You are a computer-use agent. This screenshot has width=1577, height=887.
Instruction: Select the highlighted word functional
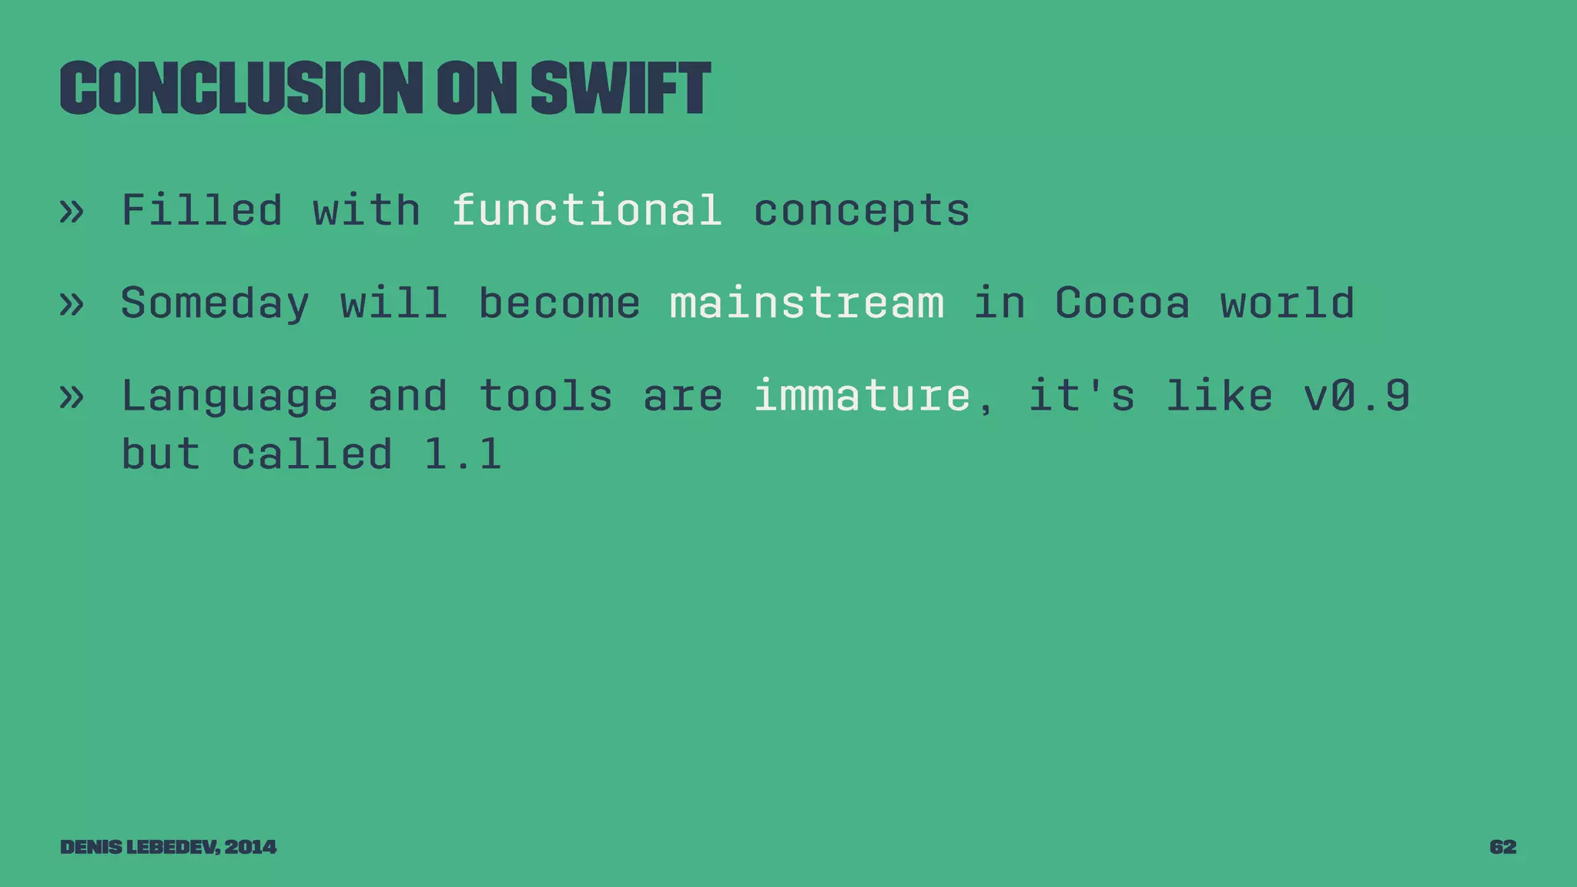pyautogui.click(x=587, y=210)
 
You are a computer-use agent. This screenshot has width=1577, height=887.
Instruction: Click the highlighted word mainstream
pyautogui.click(x=807, y=303)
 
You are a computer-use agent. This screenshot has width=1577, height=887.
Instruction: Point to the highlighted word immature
pyautogui.click(x=862, y=396)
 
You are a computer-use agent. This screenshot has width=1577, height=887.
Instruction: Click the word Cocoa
pyautogui.click(x=1122, y=303)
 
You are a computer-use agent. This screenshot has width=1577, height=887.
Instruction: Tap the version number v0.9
pyautogui.click(x=1357, y=396)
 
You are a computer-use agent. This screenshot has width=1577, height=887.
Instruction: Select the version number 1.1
pyautogui.click(x=463, y=454)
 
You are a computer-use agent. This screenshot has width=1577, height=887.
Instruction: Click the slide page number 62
pyautogui.click(x=1502, y=847)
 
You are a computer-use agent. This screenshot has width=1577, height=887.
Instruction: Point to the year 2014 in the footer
pyautogui.click(x=250, y=847)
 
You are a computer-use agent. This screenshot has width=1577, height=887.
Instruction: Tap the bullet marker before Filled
pyautogui.click(x=72, y=211)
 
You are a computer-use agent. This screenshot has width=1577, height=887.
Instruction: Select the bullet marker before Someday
pyautogui.click(x=72, y=303)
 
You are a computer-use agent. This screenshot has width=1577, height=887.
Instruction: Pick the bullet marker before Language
pyautogui.click(x=72, y=397)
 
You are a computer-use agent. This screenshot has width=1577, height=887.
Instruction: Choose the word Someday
pyautogui.click(x=215, y=303)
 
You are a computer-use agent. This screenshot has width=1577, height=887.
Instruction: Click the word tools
pyautogui.click(x=545, y=396)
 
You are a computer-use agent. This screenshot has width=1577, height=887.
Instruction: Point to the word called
pyautogui.click(x=312, y=454)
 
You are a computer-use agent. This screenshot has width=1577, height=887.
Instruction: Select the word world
pyautogui.click(x=1287, y=303)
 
